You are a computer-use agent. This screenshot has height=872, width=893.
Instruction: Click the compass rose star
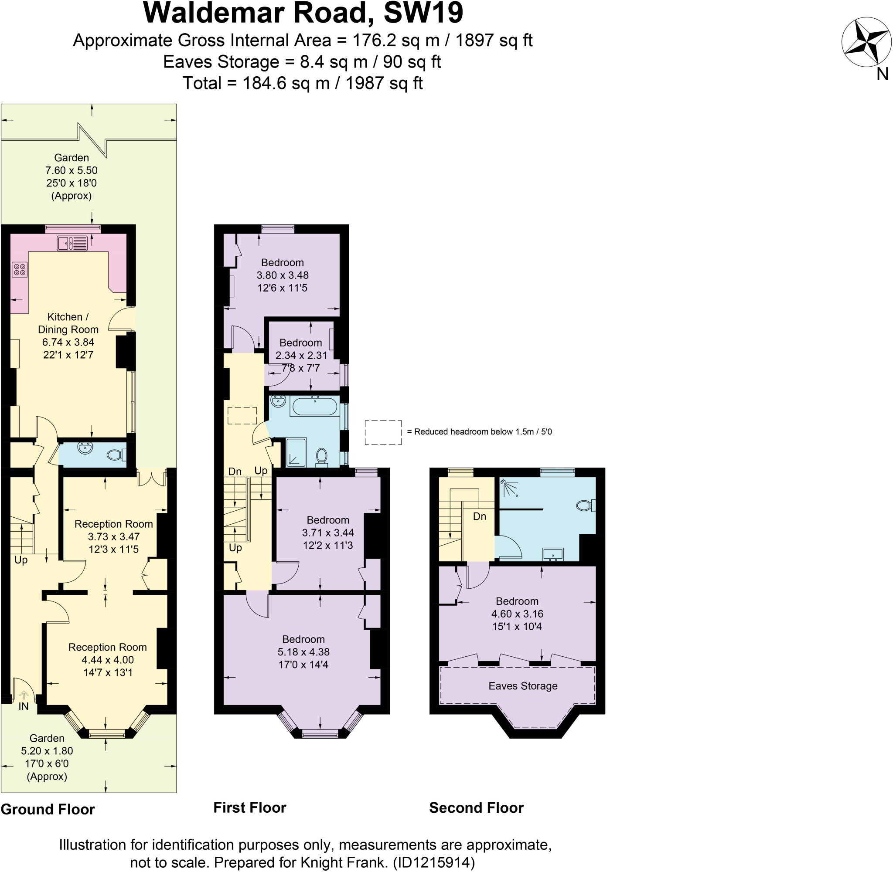(866, 42)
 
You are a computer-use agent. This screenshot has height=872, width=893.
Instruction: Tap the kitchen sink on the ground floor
(72, 243)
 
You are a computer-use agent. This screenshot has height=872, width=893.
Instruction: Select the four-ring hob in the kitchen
(20, 270)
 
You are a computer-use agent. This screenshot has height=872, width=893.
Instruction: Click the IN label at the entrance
(24, 706)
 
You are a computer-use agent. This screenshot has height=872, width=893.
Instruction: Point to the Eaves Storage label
(522, 685)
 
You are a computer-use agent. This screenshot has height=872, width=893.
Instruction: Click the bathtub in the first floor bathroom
(314, 407)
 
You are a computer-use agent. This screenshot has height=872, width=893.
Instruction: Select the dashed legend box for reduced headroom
(383, 432)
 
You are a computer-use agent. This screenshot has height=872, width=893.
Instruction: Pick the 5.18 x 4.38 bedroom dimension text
(303, 651)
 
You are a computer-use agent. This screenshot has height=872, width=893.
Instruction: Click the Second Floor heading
(476, 808)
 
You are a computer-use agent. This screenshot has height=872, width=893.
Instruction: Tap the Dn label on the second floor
(479, 516)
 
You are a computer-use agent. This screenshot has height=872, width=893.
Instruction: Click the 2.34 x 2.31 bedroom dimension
(301, 356)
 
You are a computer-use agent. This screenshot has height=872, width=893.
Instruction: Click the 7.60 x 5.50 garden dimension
(71, 170)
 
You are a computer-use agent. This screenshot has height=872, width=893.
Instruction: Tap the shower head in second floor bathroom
(504, 482)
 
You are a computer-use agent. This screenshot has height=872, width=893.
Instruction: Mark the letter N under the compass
(882, 74)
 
